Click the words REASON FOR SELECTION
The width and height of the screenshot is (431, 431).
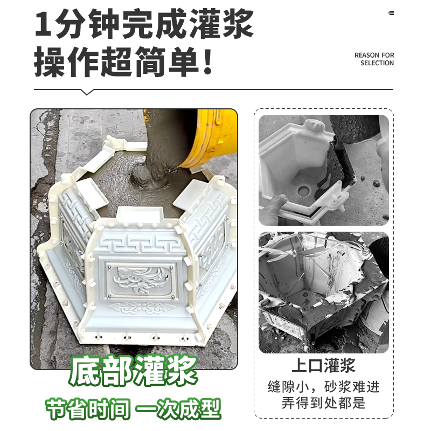click(x=374, y=59)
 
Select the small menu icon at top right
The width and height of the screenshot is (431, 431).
click(x=391, y=13)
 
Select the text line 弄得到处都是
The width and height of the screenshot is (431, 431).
click(x=323, y=402)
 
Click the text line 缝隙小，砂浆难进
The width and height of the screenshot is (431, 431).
click(x=323, y=386)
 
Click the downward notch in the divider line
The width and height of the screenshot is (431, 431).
click(x=88, y=92)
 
